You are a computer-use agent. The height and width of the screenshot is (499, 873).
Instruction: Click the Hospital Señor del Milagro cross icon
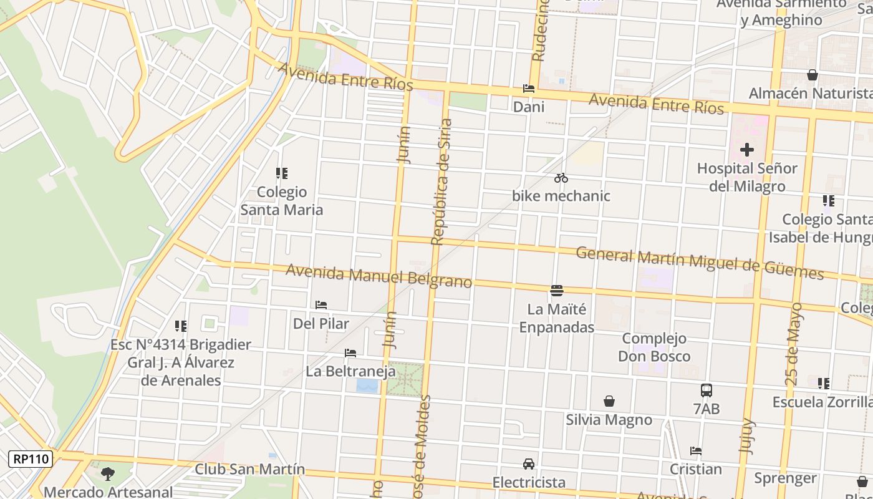746,150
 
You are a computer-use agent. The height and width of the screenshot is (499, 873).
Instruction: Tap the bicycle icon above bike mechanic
561,178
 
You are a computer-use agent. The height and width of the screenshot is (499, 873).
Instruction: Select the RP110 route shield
31,459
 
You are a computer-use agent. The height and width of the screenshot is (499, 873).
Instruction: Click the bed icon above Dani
528,89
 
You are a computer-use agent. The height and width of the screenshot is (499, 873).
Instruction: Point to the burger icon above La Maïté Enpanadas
557,291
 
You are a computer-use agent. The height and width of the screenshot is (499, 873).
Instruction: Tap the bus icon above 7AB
706,390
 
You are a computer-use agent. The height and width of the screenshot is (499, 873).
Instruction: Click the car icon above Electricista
528,464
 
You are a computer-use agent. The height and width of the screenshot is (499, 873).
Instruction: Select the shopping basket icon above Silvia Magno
609,401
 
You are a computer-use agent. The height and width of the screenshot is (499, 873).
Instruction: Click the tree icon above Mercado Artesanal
108,474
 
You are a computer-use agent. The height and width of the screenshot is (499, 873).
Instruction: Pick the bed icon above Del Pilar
321,305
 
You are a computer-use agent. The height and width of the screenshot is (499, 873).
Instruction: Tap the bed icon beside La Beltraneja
350,353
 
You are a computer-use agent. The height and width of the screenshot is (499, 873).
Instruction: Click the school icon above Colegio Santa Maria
282,173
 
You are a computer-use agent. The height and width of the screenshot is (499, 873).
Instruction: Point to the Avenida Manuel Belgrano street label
379,276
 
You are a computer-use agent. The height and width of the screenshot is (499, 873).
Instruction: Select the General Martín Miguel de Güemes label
699,263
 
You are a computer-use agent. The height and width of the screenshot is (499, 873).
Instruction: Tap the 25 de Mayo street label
793,343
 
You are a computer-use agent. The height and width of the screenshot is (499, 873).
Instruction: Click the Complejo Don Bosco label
654,347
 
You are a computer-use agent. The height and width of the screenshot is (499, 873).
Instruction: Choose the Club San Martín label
250,469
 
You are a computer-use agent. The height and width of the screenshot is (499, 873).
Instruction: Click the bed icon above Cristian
696,451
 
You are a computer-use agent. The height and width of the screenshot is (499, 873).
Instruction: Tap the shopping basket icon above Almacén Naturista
812,75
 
